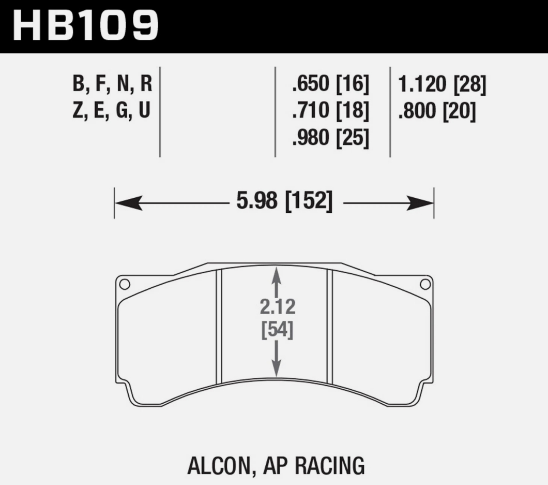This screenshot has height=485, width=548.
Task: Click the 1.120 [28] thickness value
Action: pos(442,84)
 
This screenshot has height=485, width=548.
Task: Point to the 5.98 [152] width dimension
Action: pos(284,202)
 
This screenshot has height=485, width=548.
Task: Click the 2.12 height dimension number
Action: pos(277,307)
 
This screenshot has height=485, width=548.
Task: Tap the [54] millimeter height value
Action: pos(277,330)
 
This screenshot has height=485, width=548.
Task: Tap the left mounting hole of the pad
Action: pos(124,284)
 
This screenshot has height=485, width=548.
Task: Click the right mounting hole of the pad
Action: pos(425,284)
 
